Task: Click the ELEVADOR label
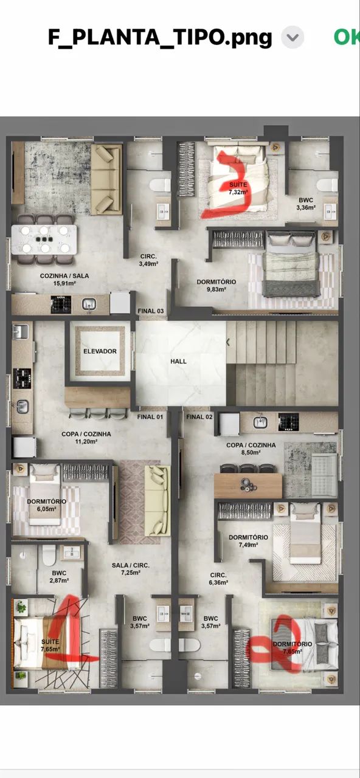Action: tap(100, 351)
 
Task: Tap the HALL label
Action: tap(178, 361)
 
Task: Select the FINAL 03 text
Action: tap(150, 311)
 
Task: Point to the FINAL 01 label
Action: tap(150, 416)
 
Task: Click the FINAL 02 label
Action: tap(199, 416)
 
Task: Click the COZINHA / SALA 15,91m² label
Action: tap(64, 279)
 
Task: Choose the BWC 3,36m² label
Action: tap(306, 204)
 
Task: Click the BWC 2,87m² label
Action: tap(59, 577)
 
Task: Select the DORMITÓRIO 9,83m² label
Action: tap(216, 285)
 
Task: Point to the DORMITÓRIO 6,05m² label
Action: tap(47, 505)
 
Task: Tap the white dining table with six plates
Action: tap(44, 239)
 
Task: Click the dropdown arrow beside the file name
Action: tap(292, 37)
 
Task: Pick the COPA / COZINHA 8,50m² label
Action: tap(251, 449)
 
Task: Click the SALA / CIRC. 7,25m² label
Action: tap(131, 569)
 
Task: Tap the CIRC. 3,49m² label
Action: tap(148, 260)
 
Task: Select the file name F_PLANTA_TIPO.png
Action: tap(160, 38)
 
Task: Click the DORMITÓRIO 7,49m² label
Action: tap(248, 541)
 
